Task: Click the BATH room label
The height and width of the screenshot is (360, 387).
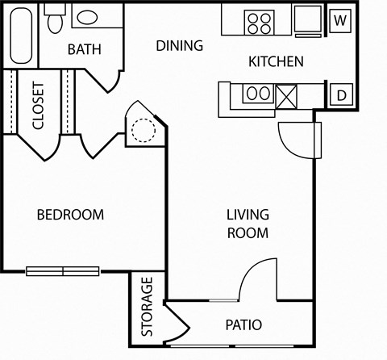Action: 85,49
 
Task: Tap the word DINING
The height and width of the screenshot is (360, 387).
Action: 179,45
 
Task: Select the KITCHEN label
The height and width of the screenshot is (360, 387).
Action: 276,61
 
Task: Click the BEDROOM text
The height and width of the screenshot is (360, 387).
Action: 71,215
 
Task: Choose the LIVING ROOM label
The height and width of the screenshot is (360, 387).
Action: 247,224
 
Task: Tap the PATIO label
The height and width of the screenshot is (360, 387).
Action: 243,325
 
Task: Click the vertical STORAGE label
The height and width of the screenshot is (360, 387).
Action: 148,307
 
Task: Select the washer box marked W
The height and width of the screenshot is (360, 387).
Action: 339,19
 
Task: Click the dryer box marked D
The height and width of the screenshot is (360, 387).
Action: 341,96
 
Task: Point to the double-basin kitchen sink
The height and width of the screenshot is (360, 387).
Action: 257,94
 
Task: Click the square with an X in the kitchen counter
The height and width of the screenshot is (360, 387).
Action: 288,96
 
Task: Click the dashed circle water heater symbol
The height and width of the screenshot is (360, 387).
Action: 142,129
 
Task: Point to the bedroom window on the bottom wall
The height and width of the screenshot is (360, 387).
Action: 62,270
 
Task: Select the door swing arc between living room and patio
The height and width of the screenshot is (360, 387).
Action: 258,281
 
